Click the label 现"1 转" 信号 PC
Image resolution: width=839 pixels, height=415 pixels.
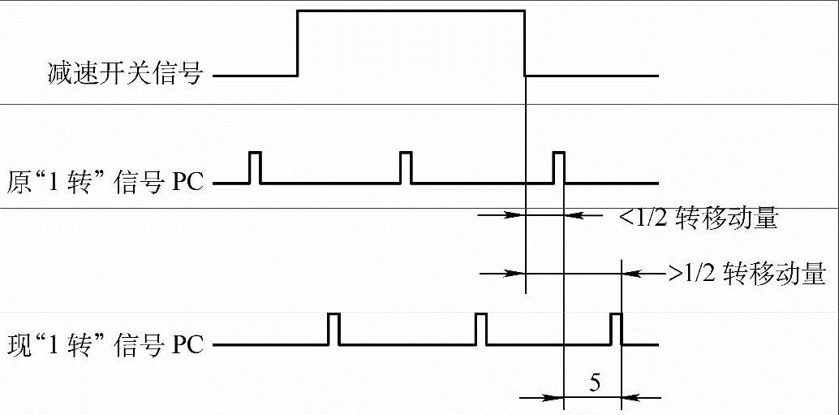[106, 344]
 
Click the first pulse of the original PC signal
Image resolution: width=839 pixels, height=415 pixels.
[255, 167]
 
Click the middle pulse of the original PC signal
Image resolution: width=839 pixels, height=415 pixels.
[407, 167]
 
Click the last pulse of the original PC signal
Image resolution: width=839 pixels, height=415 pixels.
[559, 167]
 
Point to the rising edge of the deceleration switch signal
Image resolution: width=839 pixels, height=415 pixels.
[299, 42]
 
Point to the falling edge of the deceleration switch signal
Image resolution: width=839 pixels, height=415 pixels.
[525, 42]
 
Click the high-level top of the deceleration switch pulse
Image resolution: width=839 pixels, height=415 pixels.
[411, 10]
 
